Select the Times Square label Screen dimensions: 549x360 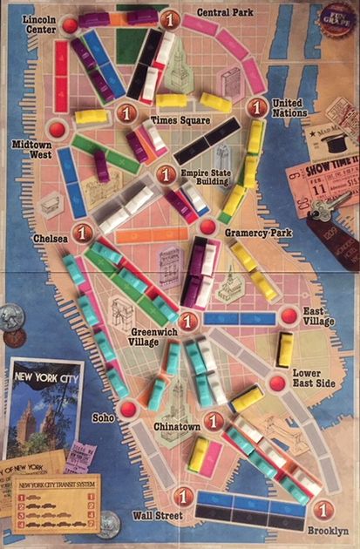pyautogui.click(x=174, y=119)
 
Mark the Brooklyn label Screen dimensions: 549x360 pyautogui.click(x=327, y=530)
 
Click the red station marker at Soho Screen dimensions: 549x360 pyautogui.click(x=128, y=408)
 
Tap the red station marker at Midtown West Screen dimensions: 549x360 pyautogui.click(x=58, y=130)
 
